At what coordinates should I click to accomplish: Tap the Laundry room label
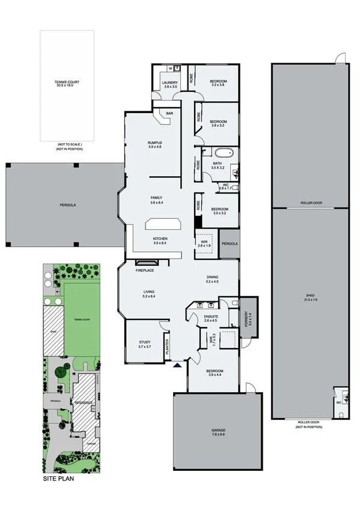click(x=171, y=84)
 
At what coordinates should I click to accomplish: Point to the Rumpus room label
click(x=155, y=144)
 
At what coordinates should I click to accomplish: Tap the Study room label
click(x=145, y=345)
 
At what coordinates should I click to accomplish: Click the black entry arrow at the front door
click(x=177, y=365)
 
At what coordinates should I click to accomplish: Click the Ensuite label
click(x=211, y=318)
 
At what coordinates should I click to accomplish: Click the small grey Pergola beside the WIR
click(x=229, y=244)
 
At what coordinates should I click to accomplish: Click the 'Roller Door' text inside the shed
click(x=311, y=203)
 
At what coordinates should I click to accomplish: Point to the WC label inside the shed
click(x=339, y=402)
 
